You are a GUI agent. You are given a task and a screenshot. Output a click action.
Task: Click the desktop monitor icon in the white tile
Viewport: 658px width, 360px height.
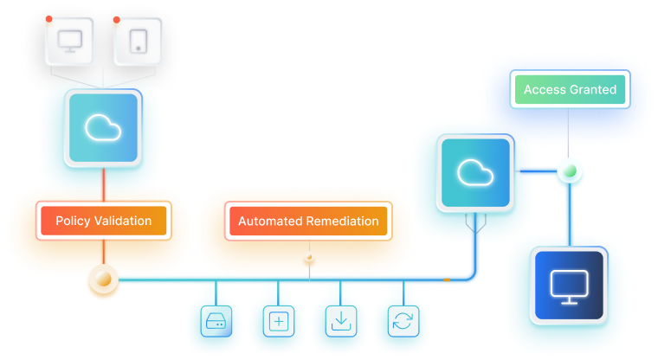tap(70, 41)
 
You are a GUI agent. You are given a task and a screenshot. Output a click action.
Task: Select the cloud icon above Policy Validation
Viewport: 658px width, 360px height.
tap(103, 128)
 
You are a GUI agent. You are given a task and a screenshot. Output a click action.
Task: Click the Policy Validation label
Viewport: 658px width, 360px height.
tap(103, 221)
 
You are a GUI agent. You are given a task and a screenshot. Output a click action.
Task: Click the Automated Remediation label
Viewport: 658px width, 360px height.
tap(307, 221)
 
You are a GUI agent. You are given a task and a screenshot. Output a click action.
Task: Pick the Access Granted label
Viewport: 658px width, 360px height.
tap(570, 90)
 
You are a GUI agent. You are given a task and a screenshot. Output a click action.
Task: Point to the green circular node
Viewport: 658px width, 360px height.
tap(569, 170)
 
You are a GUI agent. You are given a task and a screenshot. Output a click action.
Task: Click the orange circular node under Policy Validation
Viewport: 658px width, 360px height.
tap(103, 280)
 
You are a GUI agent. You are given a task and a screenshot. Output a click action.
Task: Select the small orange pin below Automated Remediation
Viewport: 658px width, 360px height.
tap(307, 259)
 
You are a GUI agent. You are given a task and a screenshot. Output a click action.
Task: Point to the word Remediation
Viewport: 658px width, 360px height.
tap(342, 221)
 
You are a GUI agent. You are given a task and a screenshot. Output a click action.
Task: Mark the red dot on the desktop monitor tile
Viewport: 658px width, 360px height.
tap(48, 18)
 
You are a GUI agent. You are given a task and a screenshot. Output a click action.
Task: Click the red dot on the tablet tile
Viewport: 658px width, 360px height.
tap(118, 18)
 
